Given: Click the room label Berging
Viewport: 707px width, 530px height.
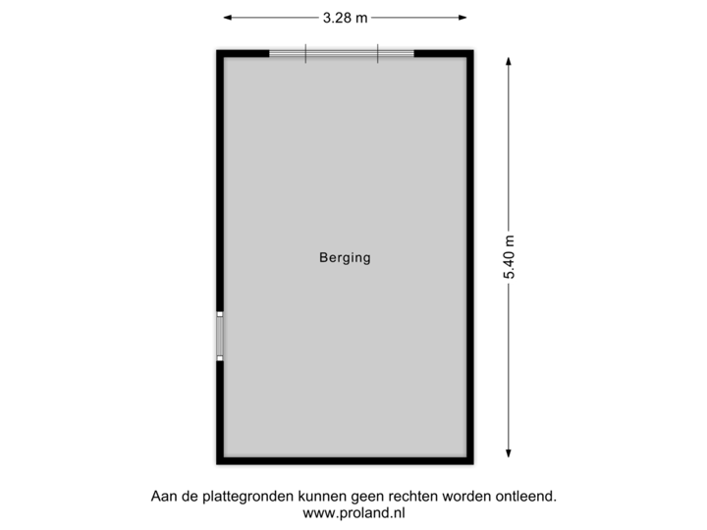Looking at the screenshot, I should pyautogui.click(x=345, y=258).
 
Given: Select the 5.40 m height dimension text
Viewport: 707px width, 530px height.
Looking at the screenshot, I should pyautogui.click(x=509, y=258).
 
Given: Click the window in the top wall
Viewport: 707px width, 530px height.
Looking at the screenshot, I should pyautogui.click(x=341, y=53).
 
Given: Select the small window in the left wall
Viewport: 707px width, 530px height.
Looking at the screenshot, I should pyautogui.click(x=220, y=336).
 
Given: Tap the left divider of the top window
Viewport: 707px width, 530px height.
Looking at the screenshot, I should pyautogui.click(x=305, y=53).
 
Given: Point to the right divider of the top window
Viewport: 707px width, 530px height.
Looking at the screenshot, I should pyautogui.click(x=377, y=53).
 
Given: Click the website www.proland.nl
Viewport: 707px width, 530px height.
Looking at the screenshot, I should pyautogui.click(x=353, y=512).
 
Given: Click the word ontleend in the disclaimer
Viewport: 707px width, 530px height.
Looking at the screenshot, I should pyautogui.click(x=527, y=497).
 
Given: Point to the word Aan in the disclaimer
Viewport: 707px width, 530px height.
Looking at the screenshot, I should pyautogui.click(x=161, y=497).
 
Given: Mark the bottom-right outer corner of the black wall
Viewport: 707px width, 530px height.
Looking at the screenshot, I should pyautogui.click(x=476, y=467).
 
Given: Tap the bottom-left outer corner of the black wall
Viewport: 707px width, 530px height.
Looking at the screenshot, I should pyautogui.click(x=214, y=467).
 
